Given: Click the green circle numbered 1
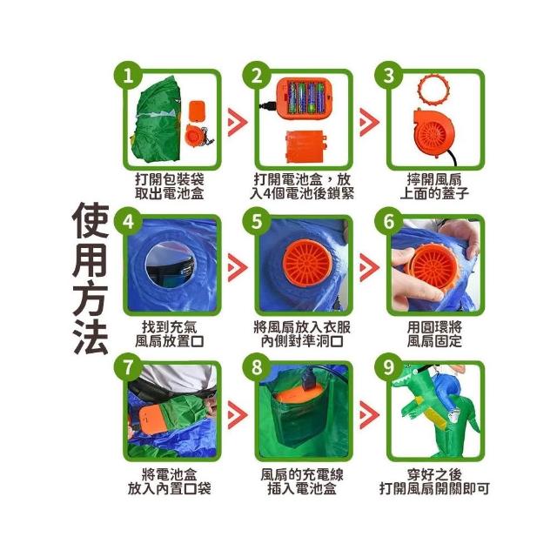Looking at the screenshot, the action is click(x=128, y=76).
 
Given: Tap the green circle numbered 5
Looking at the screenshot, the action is click(x=257, y=221).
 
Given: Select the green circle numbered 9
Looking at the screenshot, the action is click(x=389, y=367).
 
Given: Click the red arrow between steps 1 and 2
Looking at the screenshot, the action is click(x=238, y=122).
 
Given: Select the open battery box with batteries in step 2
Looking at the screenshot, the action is click(x=305, y=98).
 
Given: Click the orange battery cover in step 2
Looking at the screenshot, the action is click(x=306, y=146).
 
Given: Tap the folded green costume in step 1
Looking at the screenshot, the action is click(x=158, y=119).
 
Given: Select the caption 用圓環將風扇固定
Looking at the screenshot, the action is click(x=434, y=334).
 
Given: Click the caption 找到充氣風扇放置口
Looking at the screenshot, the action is click(x=170, y=334).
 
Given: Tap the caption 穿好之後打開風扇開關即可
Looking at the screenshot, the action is click(x=434, y=481).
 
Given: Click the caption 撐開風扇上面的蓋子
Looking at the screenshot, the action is click(x=434, y=186).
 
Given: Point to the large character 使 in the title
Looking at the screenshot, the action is click(x=91, y=220).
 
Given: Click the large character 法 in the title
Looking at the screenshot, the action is click(x=91, y=337).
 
